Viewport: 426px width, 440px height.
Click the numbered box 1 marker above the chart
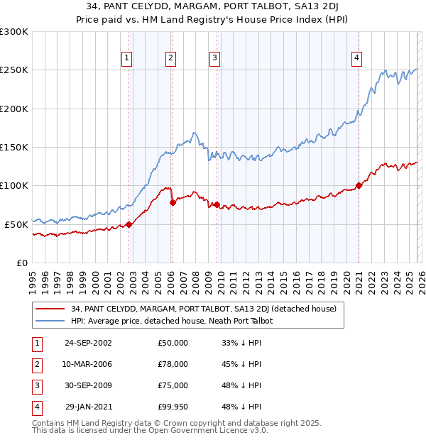126,59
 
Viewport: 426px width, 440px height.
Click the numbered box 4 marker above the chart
356,59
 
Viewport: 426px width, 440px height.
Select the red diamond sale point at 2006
173,203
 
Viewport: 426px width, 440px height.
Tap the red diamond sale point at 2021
359,186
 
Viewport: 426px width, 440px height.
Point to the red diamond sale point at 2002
129,224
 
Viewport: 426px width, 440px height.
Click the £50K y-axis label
17,224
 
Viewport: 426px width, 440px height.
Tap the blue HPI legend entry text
172,321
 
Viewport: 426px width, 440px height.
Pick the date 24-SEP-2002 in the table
88,343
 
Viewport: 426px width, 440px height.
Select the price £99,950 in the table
173,407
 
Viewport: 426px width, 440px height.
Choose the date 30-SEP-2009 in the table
88,385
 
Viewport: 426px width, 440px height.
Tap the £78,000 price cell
173,364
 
